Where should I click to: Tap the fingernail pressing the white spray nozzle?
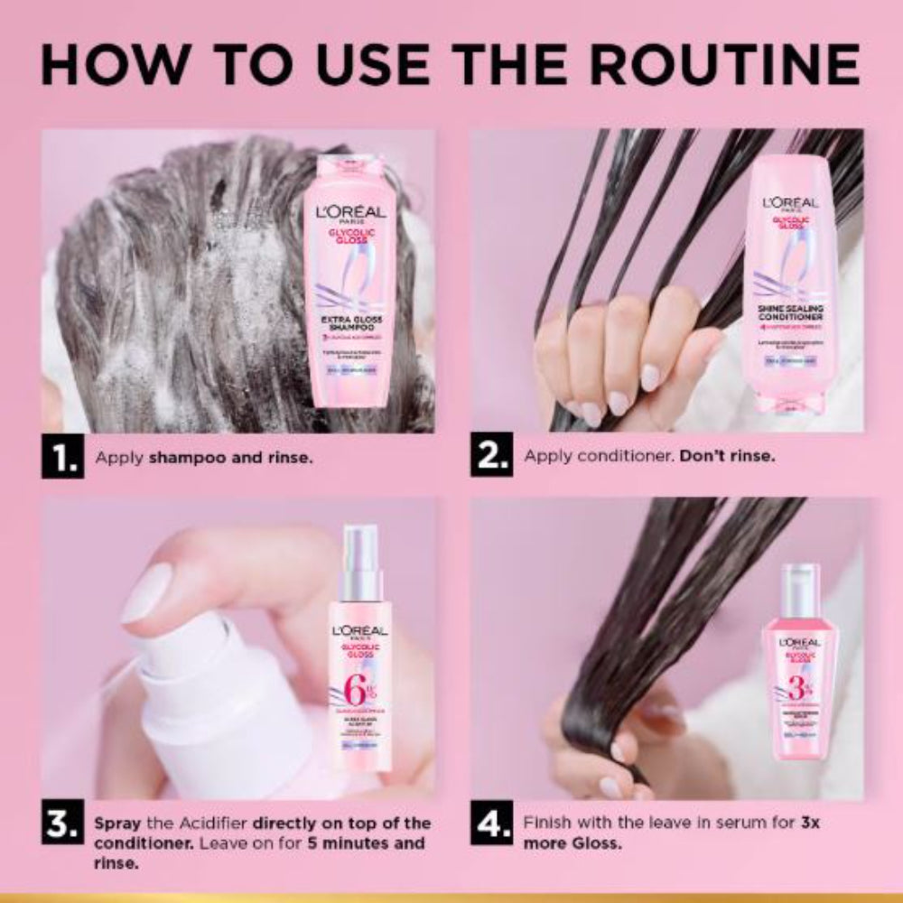tap(147, 592)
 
